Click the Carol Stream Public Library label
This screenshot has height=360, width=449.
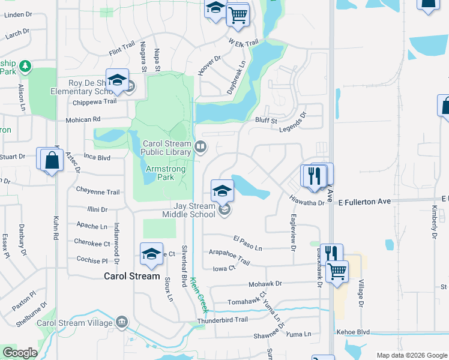[166, 148]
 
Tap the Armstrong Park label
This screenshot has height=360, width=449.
[166, 173]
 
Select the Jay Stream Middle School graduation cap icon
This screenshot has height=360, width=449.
[222, 191]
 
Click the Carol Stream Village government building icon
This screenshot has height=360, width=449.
[122, 323]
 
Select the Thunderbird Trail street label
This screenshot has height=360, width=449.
[226, 320]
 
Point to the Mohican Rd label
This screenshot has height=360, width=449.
[83, 119]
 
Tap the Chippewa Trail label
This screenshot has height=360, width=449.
[94, 101]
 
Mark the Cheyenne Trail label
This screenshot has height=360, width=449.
[98, 192]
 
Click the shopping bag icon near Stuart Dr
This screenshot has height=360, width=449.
[52, 160]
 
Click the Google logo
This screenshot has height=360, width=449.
[20, 353]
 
